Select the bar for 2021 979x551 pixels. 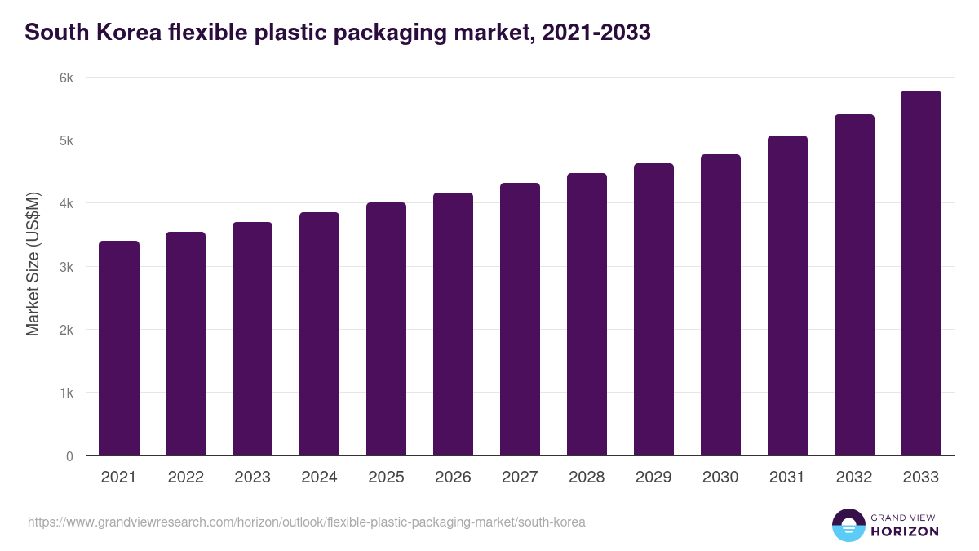[119, 349]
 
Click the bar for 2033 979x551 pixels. [921, 273]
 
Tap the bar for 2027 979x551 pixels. [520, 319]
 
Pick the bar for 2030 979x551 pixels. [720, 305]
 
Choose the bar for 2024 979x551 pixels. [319, 334]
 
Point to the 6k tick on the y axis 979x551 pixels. [66, 78]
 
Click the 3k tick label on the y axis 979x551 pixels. [66, 267]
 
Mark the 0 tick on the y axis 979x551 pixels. [69, 456]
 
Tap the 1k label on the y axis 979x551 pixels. [66, 393]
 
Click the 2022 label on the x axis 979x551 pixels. [185, 478]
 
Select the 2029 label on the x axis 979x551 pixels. [653, 478]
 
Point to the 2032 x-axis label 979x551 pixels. [854, 478]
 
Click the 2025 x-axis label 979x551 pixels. [386, 478]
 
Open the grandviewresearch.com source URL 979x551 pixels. [306, 522]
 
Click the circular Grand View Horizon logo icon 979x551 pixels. [848, 525]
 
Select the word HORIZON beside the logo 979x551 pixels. [905, 531]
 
